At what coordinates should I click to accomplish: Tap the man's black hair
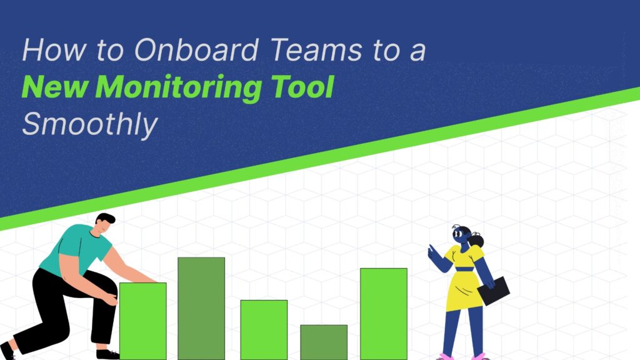pos(106,219)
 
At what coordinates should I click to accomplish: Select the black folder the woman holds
pos(494,291)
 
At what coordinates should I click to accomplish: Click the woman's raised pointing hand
pos(431,251)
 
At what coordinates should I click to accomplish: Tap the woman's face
pos(460,236)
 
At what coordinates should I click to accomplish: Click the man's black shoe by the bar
pos(107,354)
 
